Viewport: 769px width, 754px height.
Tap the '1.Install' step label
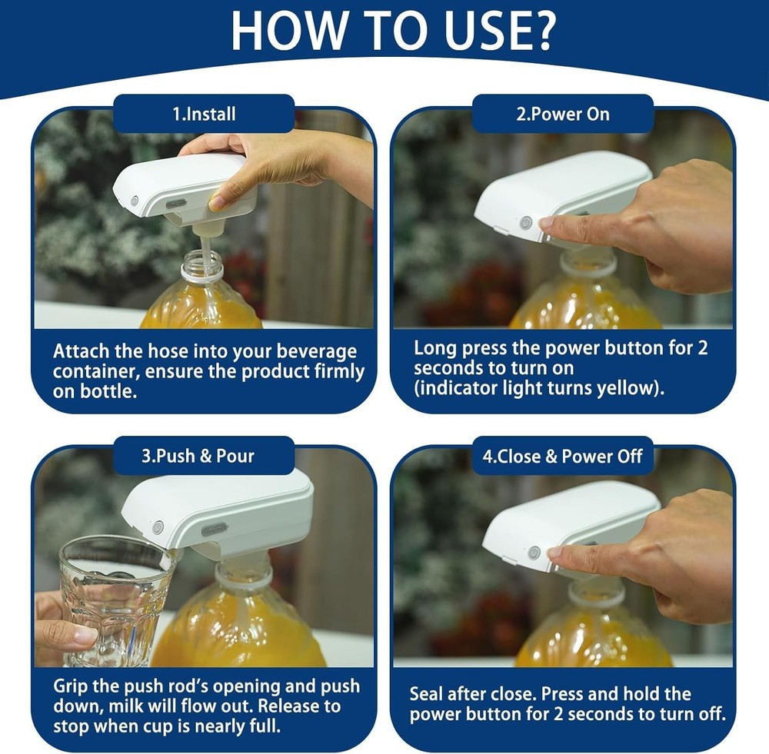pyautogui.click(x=204, y=114)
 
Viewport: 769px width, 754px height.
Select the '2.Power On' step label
pyautogui.click(x=562, y=114)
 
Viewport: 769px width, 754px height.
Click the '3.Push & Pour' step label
pyautogui.click(x=204, y=456)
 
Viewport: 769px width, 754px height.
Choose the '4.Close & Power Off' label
pyautogui.click(x=562, y=456)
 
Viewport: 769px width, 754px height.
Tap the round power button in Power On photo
pyautogui.click(x=526, y=222)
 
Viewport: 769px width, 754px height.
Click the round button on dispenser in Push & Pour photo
pyautogui.click(x=158, y=527)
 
